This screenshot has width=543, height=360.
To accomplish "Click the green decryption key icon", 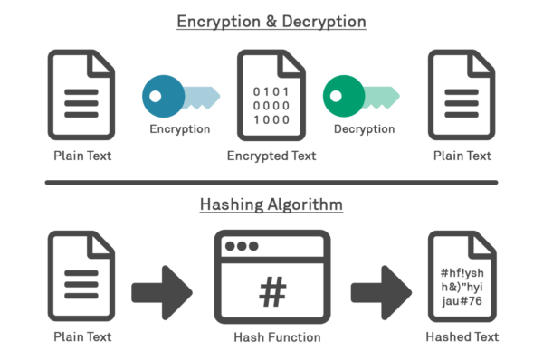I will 362,96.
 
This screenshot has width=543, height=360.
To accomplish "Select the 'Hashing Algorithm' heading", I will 271,204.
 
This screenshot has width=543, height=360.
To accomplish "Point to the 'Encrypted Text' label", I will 271,156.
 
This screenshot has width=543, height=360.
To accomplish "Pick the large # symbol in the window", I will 271,291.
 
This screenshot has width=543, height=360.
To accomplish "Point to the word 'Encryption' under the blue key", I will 179,129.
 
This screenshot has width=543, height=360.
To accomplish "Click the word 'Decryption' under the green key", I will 364,129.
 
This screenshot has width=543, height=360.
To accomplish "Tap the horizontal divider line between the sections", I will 271,183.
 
